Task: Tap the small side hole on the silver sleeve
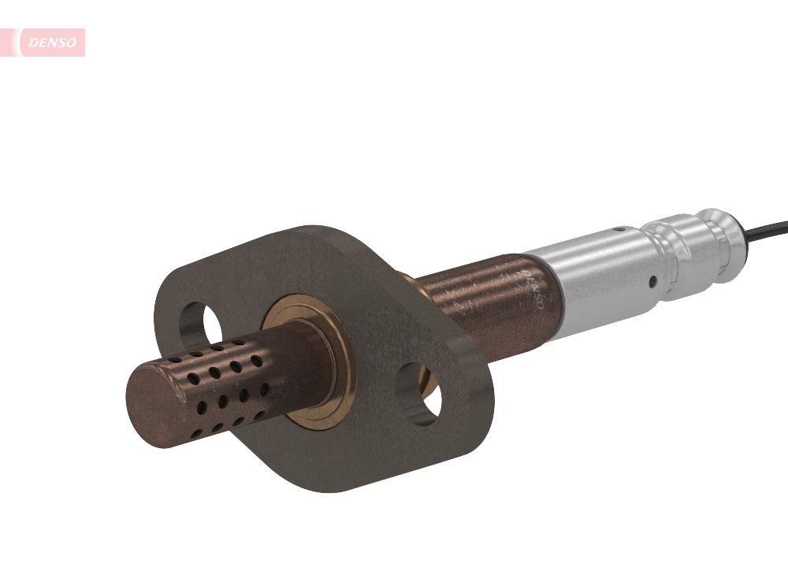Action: point(653,281)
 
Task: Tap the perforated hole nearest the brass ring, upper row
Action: point(256,361)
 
